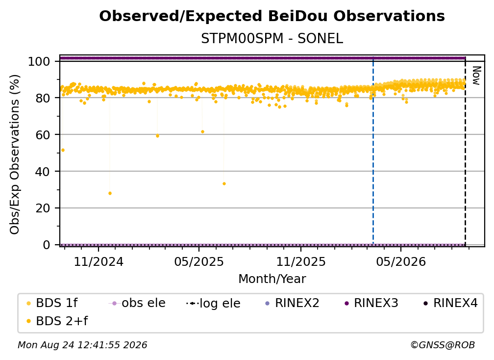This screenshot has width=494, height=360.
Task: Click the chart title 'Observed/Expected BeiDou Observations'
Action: point(272,16)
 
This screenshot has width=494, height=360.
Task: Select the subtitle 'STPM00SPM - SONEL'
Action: point(272,39)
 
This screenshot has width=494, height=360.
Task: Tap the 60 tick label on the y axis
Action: point(43,135)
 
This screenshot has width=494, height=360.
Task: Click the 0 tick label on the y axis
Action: point(47,245)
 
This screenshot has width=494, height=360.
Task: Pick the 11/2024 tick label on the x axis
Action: point(99,262)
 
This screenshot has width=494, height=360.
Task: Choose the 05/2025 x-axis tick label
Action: point(199,262)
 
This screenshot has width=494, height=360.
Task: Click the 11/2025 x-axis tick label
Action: point(301,262)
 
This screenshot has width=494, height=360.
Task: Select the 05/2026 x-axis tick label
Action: point(401,262)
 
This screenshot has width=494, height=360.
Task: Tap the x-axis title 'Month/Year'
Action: point(272,279)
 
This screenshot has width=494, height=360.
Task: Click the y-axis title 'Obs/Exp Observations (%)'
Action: point(15,154)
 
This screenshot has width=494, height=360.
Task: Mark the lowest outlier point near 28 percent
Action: point(110,193)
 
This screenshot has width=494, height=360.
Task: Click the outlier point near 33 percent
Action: point(224,184)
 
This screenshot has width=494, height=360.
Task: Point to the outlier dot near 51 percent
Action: point(63,150)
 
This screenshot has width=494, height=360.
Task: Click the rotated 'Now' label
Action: point(476,76)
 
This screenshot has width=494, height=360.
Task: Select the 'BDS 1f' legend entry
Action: point(52,303)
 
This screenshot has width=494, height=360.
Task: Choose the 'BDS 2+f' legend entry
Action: point(57,321)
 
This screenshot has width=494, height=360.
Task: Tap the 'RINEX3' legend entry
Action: point(371,303)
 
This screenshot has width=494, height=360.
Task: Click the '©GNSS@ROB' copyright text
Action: point(443,345)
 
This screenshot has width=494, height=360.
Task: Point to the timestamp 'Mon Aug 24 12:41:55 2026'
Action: point(82,345)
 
